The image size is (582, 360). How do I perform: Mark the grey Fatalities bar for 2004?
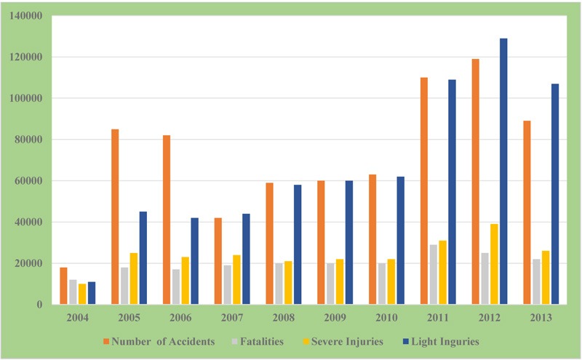click(73, 292)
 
